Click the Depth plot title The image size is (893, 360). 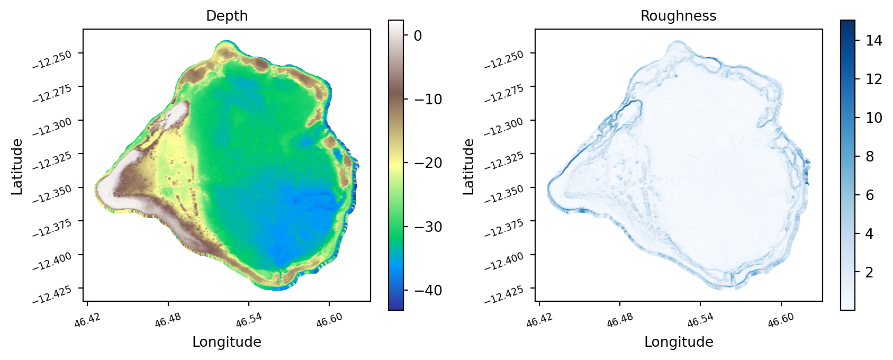coord(227,16)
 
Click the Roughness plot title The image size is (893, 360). coord(679,16)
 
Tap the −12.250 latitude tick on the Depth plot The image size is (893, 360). coord(52,60)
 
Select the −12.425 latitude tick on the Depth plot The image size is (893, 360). coord(52,295)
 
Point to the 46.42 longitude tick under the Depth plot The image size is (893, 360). coord(88,320)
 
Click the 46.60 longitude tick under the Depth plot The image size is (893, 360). coord(329,320)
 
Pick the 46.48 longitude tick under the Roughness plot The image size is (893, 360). coord(620,320)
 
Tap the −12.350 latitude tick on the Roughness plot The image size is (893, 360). coord(504,194)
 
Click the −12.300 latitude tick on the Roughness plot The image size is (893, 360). coord(504,127)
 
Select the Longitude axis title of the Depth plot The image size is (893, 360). coord(227,342)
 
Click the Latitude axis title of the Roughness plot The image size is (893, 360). coord(469,167)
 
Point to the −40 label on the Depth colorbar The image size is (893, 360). coord(428,290)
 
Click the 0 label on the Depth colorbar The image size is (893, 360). coord(418,36)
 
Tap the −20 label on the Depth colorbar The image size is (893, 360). coord(428,163)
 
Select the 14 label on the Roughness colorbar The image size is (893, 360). coord(874,41)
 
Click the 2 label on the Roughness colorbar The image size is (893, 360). coord(870,273)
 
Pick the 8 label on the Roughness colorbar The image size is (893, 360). coord(870,157)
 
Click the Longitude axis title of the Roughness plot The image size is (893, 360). coord(679,342)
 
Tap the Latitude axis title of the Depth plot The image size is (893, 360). coord(17,167)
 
